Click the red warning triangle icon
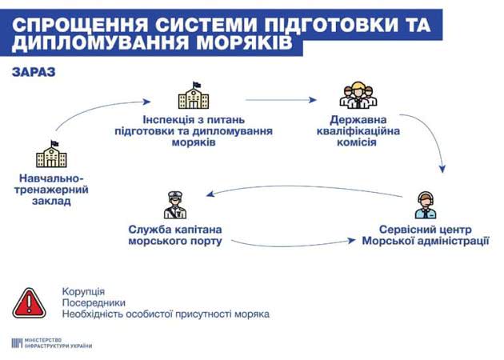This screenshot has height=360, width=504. point(29,303)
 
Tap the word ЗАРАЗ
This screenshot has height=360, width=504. point(34,72)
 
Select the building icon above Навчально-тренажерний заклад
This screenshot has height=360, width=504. point(51,154)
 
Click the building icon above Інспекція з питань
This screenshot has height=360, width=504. point(194,95)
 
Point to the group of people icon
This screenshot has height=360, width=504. point(358,94)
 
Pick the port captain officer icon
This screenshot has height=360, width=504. point(175,205)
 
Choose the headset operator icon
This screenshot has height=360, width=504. point(426,206)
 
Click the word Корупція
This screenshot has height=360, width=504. point(83,291)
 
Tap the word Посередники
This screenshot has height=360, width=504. point(94,302)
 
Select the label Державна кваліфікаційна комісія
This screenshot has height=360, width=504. point(358,131)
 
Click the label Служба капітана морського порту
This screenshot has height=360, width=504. point(175,235)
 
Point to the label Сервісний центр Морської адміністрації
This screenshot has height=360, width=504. point(426,235)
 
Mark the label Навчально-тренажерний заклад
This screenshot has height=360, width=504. point(51,190)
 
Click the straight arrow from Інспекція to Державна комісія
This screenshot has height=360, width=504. point(281,100)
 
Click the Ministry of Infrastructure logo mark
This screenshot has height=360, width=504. point(17,343)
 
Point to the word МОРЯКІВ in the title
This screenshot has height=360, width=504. point(245,43)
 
